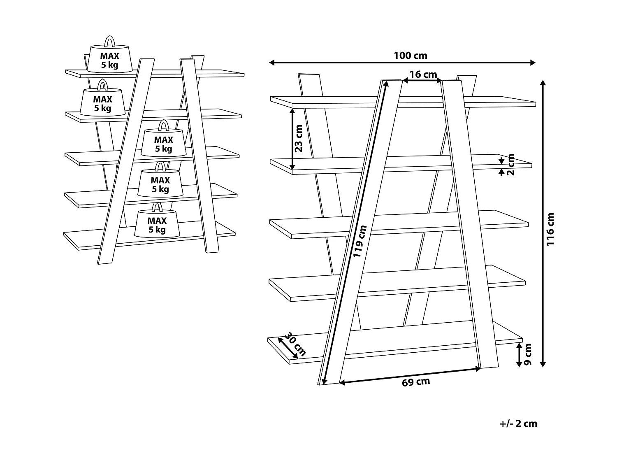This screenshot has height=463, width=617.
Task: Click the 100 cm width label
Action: click(410, 55)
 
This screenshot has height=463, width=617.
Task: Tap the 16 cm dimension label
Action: click(423, 74)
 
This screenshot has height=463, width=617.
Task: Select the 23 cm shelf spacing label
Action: click(299, 138)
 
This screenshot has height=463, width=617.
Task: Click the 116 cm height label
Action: click(550, 229)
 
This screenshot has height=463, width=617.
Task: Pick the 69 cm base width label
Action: click(415, 382)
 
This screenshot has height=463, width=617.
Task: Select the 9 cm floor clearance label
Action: click(528, 354)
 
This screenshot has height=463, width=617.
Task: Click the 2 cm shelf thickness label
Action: click(510, 164)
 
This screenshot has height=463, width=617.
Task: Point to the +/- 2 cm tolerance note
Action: click(518, 423)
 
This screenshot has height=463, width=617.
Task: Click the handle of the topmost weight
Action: click(110, 42)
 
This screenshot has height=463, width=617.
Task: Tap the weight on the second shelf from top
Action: click(102, 102)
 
